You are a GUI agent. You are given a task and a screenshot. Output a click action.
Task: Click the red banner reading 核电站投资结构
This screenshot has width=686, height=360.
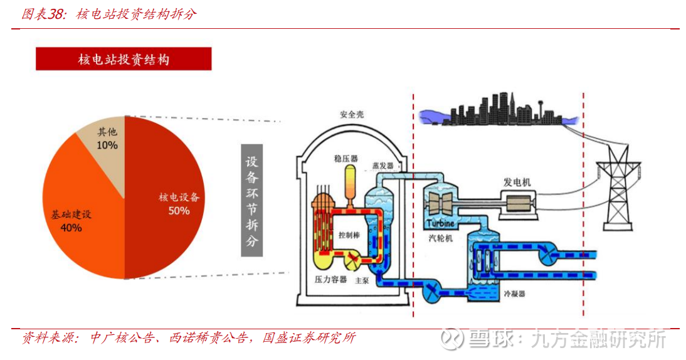coord(124,59)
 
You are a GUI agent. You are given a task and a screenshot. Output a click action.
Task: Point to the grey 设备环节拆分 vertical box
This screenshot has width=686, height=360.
coord(252,201)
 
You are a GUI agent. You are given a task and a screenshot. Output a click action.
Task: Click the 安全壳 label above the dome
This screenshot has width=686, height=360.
coord(352,115)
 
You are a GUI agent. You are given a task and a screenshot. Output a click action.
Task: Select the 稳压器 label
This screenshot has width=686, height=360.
coord(346,159)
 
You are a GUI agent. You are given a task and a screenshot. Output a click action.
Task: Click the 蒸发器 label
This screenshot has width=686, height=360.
coord(383,166)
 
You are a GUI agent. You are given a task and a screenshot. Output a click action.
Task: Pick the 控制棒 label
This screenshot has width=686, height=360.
coord(349,235)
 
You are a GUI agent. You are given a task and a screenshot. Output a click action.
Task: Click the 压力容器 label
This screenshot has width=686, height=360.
coord(330,280)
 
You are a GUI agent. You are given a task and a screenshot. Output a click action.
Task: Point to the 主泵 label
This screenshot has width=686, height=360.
coord(362,280)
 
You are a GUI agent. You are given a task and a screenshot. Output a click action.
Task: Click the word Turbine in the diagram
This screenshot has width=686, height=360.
coord(440,223)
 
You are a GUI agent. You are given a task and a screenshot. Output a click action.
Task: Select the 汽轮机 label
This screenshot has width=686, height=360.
coord(441,238)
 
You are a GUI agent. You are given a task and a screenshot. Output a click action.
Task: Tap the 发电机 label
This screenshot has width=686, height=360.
coord(517,183)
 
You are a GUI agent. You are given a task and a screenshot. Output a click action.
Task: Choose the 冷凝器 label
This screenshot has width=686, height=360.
coord(514,294)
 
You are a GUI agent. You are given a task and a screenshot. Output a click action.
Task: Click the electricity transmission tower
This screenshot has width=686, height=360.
coord(618,188)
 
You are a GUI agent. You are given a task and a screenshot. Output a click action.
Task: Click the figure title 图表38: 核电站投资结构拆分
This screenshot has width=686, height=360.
coord(109,14)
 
